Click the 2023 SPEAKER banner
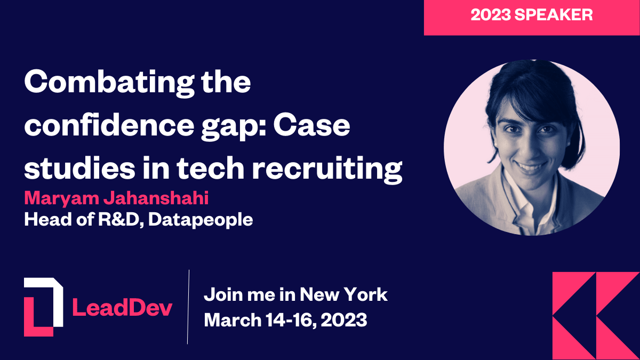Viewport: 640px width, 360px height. click(531, 15)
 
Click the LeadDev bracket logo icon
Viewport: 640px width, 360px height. click(43, 306)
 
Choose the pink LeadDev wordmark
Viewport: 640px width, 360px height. click(122, 308)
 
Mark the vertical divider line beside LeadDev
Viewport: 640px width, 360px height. click(188, 307)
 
